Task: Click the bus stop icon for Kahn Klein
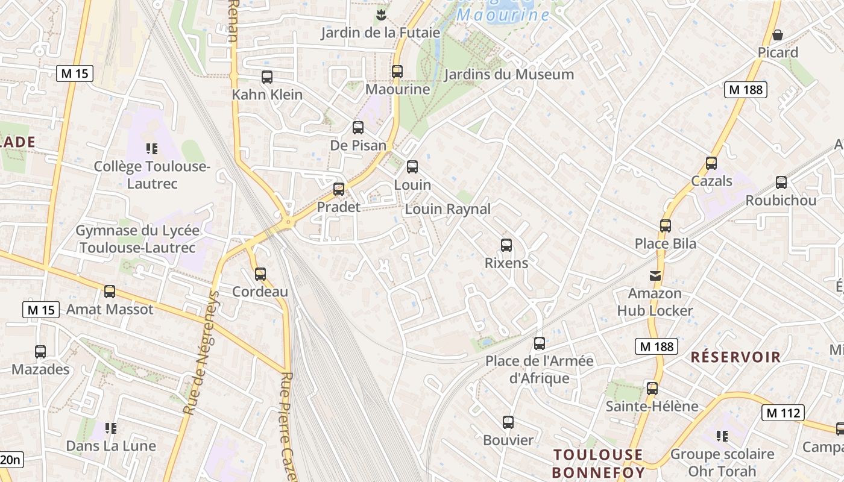[x=267, y=77]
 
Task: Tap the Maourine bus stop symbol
[x=397, y=71]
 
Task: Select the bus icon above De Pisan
[x=358, y=128]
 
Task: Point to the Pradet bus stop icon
[x=339, y=189]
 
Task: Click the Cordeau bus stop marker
[x=260, y=274]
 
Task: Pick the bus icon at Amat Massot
[x=110, y=292]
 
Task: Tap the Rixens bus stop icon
[x=506, y=245]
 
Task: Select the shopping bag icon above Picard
[x=778, y=35]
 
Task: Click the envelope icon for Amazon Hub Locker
[x=655, y=276]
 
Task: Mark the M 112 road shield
[x=783, y=413]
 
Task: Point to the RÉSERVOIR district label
[x=735, y=357]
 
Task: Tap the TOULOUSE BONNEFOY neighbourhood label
[x=598, y=463]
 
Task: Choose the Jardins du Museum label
[x=509, y=75]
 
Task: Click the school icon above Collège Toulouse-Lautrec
[x=152, y=148]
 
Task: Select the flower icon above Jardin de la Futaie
[x=380, y=14]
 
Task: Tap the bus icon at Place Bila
[x=666, y=226]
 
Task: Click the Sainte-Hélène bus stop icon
[x=652, y=389]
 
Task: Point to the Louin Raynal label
[x=448, y=209]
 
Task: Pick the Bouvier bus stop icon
[x=508, y=422]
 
